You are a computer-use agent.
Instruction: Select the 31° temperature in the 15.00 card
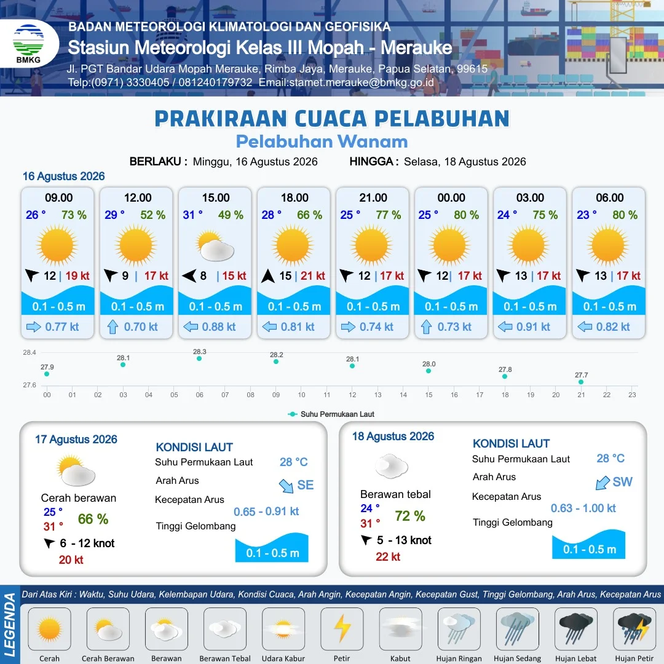(192, 215)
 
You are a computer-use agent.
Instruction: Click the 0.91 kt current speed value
(532, 327)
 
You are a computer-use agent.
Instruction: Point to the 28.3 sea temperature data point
(199, 358)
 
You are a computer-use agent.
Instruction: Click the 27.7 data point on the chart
(581, 382)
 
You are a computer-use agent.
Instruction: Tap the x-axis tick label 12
(352, 395)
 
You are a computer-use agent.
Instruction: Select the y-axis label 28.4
(30, 352)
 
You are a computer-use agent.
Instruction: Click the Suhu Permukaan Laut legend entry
(331, 414)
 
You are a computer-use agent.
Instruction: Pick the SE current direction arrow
(287, 486)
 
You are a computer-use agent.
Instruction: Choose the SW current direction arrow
(603, 483)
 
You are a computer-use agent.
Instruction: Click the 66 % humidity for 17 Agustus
(93, 519)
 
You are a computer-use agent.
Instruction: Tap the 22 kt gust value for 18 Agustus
(388, 557)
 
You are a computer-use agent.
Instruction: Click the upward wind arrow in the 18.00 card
(267, 276)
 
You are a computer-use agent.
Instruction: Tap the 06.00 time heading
(609, 198)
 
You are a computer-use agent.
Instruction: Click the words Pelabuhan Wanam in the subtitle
(322, 141)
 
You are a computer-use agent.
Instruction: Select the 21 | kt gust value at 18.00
(312, 276)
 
